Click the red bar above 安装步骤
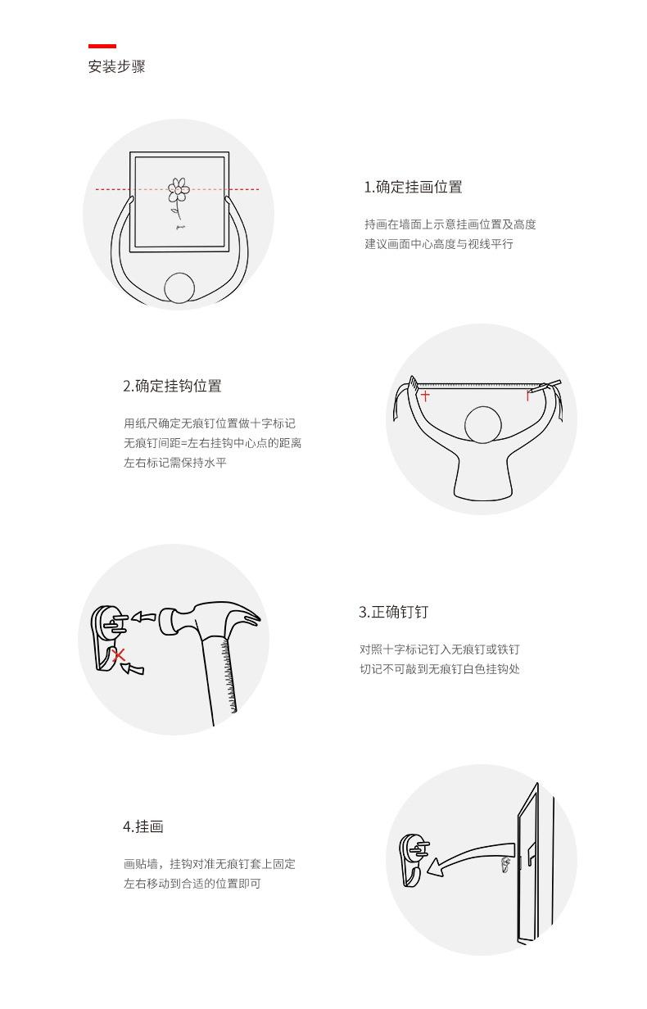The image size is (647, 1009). click(x=102, y=47)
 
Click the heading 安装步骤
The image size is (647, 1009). click(x=116, y=67)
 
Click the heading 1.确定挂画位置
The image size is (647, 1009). click(x=413, y=187)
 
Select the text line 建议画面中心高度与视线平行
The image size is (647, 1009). click(x=439, y=244)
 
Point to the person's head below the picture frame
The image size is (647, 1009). click(x=180, y=288)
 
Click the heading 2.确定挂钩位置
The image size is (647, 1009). click(x=172, y=386)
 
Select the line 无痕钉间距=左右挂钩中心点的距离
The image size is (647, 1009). click(x=212, y=443)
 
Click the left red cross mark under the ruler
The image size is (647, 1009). click(x=425, y=396)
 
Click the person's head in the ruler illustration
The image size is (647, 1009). click(x=482, y=425)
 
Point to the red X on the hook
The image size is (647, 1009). click(x=120, y=654)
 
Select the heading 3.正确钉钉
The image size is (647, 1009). click(x=393, y=612)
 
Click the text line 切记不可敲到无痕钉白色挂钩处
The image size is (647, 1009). click(x=439, y=669)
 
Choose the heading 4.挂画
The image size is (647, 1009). click(x=143, y=826)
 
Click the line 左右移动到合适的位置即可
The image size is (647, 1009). click(x=192, y=884)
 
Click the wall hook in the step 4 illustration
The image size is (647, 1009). click(x=413, y=860)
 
